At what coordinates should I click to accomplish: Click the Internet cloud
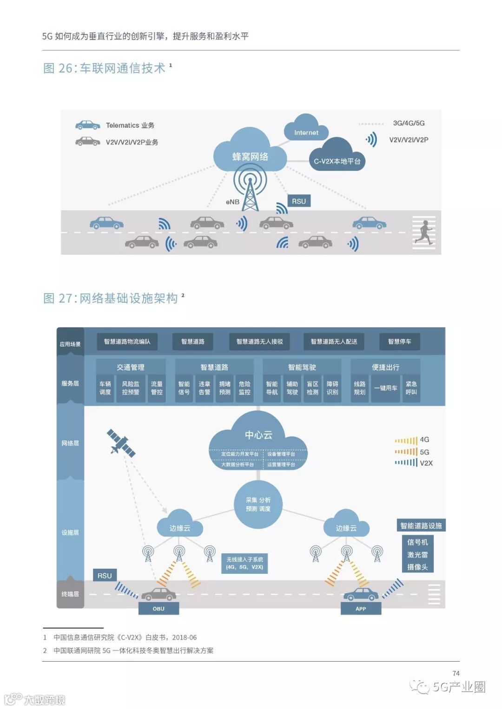pos(306,130)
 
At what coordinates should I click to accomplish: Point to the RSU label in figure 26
pos(299,201)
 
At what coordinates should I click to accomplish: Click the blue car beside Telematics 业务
pos(87,125)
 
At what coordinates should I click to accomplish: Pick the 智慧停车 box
pos(399,341)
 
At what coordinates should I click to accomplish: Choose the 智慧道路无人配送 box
pos(334,341)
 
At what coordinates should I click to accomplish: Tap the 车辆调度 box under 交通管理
pos(105,388)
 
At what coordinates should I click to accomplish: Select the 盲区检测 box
pos(312,388)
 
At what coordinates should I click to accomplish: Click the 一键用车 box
pos(386,388)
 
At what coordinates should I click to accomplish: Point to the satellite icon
pos(121,443)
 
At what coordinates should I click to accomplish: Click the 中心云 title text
pos(258,435)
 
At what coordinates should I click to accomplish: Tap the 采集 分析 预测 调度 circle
pos(258,505)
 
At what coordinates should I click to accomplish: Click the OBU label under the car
pos(159,609)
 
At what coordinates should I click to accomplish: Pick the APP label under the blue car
pos(361,609)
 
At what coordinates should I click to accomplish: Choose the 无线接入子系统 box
pos(244,563)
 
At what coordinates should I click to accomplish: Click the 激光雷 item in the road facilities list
pos(417,555)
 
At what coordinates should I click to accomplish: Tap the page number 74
pos(456,673)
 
